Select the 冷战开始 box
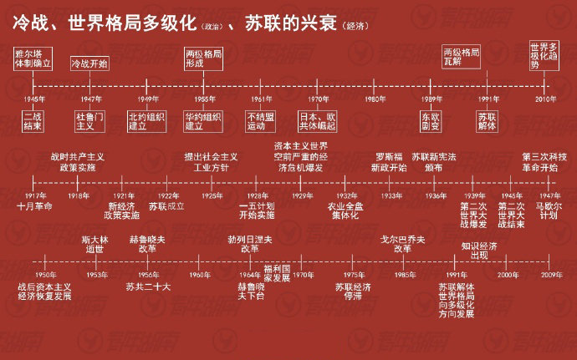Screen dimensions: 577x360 click(87, 63)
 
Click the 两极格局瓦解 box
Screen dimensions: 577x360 click(461, 57)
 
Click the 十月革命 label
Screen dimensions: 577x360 click(35, 205)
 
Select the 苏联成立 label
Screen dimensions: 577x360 click(166, 205)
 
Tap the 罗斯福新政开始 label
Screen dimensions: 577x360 click(390, 162)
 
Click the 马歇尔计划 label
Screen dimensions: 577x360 click(547, 210)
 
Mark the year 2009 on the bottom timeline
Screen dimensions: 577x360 click(551, 275)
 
